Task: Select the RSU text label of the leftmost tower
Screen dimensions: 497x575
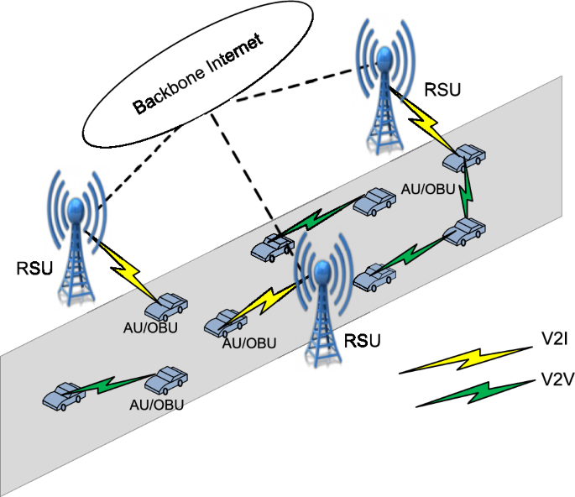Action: (33, 269)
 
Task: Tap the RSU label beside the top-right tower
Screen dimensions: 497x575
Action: (442, 90)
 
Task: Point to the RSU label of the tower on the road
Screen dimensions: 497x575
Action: (363, 340)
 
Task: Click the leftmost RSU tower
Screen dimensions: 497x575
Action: (77, 239)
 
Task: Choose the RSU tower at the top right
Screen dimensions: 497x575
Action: (384, 88)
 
